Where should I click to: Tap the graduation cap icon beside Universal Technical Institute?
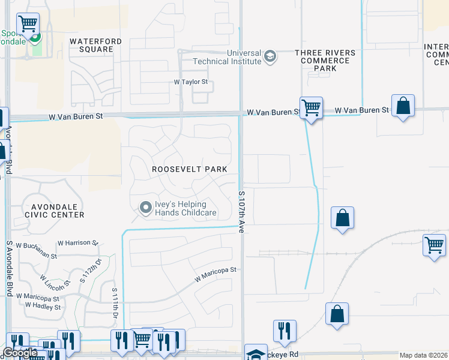(270, 57)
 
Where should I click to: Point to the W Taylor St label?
(190, 82)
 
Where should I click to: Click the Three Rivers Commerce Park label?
(325, 61)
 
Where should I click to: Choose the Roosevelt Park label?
(189, 169)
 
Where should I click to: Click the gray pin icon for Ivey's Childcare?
(145, 208)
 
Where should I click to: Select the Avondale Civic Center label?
(53, 210)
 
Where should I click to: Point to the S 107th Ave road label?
(242, 212)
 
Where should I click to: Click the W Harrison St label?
(77, 243)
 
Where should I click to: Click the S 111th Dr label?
(115, 302)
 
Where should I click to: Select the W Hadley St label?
(43, 307)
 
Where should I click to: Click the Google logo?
(20, 353)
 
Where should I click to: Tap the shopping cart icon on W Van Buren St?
(311, 108)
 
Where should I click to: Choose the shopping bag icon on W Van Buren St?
(403, 106)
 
